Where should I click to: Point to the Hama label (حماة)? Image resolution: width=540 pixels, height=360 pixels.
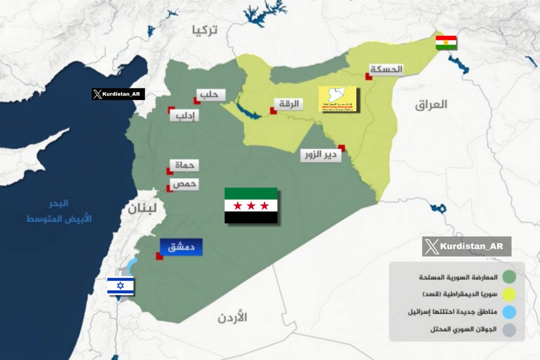tap(184, 165)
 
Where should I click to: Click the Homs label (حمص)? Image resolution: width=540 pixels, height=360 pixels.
tap(184, 184)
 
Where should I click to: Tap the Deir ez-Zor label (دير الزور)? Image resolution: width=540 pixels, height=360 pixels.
tap(321, 156)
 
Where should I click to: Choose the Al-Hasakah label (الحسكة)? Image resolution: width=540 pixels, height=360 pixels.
tap(387, 69)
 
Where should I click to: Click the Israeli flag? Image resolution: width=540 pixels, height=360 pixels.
tap(120, 286)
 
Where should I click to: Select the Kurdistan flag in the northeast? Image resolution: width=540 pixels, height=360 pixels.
tap(446, 42)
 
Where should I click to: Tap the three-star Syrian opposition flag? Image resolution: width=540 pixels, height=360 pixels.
tap(251, 206)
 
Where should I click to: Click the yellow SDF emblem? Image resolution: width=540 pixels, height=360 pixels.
tap(337, 99)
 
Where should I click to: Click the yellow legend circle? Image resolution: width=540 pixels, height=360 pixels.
tap(509, 294)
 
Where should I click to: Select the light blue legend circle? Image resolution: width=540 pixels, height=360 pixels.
tap(509, 311)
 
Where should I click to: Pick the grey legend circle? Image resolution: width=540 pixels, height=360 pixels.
tap(509, 329)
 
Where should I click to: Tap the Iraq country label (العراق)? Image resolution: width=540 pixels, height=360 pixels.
tap(432, 105)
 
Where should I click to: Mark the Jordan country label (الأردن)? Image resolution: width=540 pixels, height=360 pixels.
tap(233, 318)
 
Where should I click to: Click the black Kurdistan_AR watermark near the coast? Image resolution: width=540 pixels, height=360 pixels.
tap(118, 94)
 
